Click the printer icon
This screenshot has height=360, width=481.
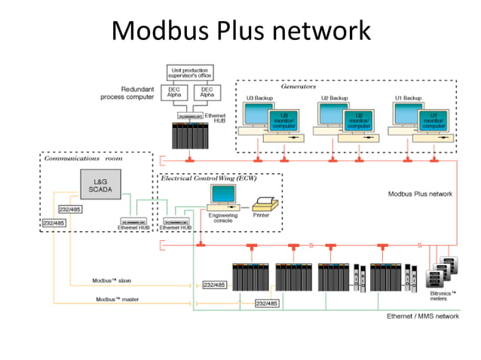click(265, 203)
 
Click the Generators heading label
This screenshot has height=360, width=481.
click(298, 87)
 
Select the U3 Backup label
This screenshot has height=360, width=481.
click(259, 99)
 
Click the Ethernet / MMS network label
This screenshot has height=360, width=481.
click(423, 316)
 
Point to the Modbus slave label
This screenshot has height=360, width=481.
click(112, 280)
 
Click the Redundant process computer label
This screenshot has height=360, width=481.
click(129, 93)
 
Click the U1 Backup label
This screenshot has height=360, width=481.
click(408, 99)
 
